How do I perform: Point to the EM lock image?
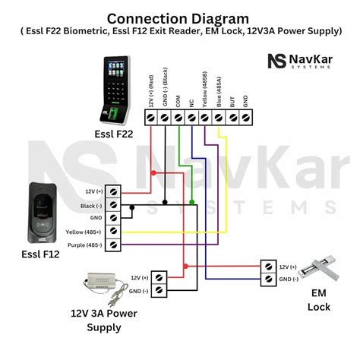coord(320,270)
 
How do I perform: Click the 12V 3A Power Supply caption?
coord(96,320)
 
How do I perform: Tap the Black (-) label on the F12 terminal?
coord(90,206)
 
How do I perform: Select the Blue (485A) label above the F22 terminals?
coord(218,92)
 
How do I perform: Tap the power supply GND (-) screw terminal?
coord(159,291)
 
